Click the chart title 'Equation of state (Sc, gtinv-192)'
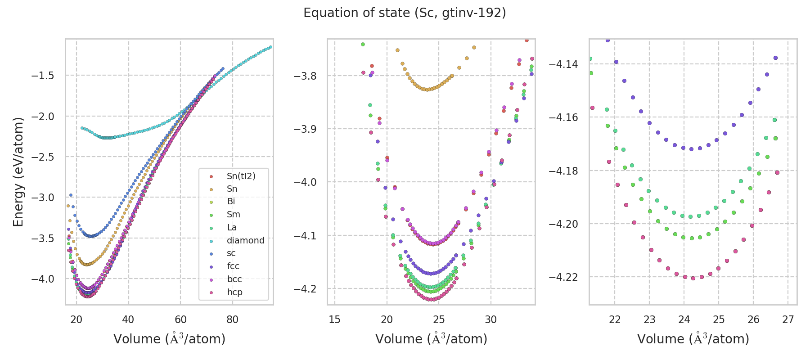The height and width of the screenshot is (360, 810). pos(405,13)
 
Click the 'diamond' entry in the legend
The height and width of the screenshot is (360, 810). pos(245,240)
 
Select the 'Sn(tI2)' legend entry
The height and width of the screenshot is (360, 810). pos(241,176)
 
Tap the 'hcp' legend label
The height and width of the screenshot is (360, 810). pos(234,292)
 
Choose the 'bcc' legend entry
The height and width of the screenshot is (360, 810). pos(234,279)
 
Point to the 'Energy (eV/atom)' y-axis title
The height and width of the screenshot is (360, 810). pos(18,172)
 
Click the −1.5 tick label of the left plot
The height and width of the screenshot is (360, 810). pos(43,76)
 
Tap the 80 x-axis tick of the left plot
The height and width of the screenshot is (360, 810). pos(232,320)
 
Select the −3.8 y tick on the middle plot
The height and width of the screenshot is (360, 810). pos(305,76)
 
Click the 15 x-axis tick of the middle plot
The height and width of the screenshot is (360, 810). pos(334,320)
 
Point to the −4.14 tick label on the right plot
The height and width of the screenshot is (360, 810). pos(563,64)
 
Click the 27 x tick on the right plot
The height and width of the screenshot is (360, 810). pos(788,320)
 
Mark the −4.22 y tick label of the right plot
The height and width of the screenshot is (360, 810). pos(563,277)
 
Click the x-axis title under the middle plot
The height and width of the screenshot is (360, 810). pos(431,339)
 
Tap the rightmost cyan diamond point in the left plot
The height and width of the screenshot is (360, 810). pos(270,47)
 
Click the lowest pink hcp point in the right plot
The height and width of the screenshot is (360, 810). pos(693,278)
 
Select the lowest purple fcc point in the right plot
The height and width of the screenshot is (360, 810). pos(691,149)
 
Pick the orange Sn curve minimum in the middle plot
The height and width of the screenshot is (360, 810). pos(427,90)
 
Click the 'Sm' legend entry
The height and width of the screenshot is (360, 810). pos(233,215)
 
